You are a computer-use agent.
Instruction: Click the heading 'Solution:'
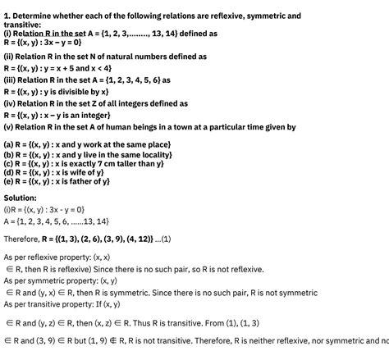click(x=21, y=198)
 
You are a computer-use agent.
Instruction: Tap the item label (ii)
click(x=9, y=57)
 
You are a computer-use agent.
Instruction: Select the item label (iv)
click(x=11, y=104)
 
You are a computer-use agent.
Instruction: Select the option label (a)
click(x=9, y=144)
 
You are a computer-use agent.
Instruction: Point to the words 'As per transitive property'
click(x=49, y=303)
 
